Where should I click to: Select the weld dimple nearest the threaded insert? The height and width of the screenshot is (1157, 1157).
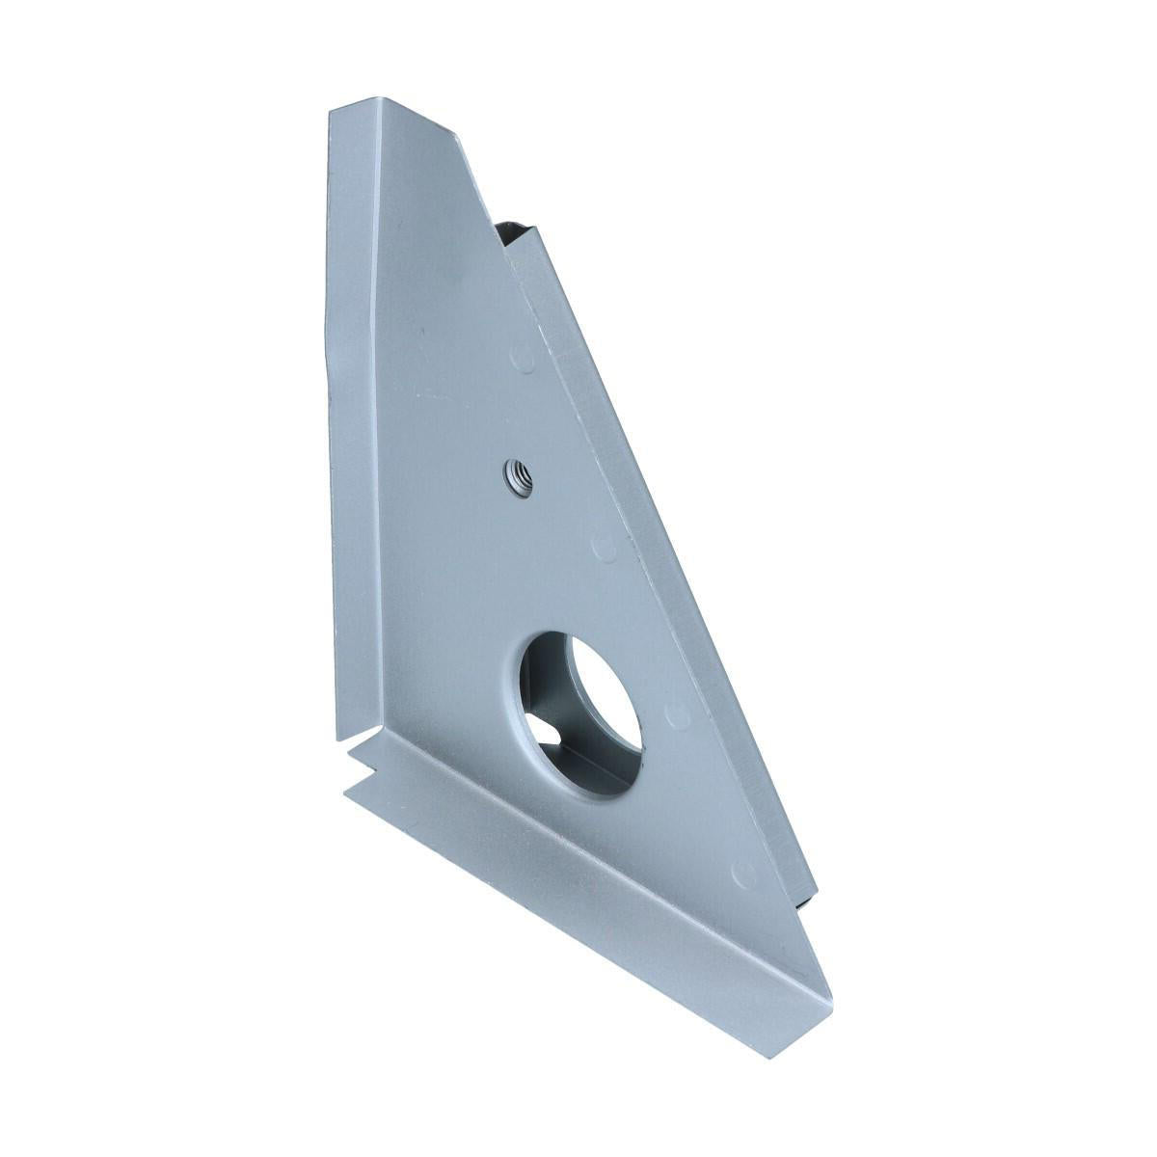[604, 548]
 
